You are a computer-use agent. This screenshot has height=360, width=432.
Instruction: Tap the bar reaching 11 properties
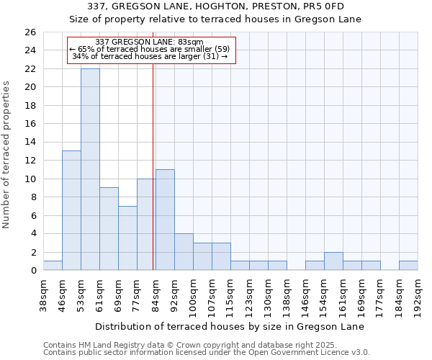(x=165, y=220)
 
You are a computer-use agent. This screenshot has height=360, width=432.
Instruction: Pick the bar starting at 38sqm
(x=53, y=266)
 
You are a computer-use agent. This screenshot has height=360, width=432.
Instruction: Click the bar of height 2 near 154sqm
(x=333, y=261)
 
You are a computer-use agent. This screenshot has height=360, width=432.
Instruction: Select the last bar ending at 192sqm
(x=408, y=266)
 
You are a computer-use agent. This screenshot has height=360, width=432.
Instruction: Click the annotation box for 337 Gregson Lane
(x=151, y=50)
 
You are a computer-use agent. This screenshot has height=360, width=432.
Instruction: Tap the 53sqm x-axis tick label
(x=81, y=293)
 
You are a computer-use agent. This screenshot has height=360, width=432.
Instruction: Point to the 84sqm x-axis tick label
(x=156, y=293)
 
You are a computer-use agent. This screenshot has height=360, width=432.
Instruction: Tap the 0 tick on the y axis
(x=33, y=271)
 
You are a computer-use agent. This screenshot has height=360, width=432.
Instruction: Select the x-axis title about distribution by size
(x=230, y=326)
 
